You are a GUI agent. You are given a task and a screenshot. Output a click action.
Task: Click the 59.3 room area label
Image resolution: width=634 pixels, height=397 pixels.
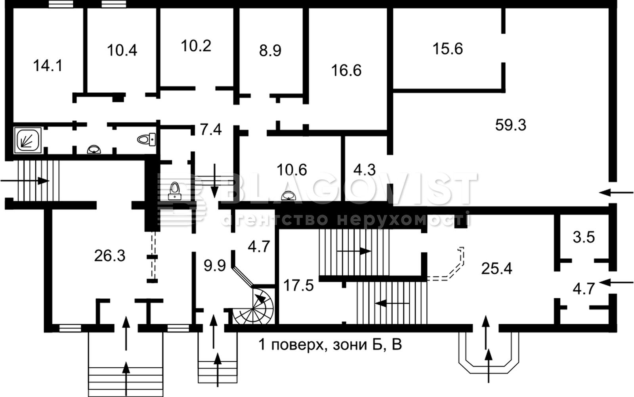tap(511, 125)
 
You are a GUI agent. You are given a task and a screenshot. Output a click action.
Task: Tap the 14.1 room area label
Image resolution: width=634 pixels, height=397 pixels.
tap(48, 66)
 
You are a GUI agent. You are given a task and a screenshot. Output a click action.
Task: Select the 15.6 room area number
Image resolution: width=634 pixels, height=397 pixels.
tap(448, 49)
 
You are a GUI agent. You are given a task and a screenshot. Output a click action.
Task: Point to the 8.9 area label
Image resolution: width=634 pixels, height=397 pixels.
tap(270, 51)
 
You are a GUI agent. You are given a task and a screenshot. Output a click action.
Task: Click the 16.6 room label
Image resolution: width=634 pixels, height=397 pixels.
tap(346, 71)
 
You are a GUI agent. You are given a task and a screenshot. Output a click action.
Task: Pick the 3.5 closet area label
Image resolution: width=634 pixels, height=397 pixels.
tap(584, 237)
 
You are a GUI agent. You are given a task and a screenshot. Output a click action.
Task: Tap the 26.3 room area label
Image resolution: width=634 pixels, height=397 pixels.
tap(109, 256)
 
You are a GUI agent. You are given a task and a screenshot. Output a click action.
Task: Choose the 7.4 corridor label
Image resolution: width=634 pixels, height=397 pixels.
tap(211, 130)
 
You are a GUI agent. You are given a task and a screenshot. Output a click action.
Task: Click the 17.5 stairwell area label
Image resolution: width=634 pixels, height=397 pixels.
tap(298, 285)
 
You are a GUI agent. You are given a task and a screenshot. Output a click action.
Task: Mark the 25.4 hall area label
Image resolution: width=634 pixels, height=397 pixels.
tap(497, 269)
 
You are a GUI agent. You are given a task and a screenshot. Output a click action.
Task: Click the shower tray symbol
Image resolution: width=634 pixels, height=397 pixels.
tap(28, 140)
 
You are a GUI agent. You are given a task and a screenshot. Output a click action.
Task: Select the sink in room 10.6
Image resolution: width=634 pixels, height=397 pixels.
tap(288, 196)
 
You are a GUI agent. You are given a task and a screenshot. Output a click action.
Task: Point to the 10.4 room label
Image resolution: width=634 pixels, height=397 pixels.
tap(122, 50)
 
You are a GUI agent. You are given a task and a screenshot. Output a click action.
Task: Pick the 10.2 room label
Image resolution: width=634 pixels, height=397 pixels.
tap(196, 46)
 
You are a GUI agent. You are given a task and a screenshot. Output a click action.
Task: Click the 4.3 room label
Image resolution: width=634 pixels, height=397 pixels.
tap(365, 170)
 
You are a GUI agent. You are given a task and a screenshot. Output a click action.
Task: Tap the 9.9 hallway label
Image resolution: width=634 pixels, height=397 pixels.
tap(215, 266)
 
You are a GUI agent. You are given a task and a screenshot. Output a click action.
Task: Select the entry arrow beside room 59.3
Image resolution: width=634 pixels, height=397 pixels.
tap(616, 193)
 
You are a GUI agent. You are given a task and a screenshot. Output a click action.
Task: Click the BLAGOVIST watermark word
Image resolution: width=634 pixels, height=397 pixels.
tap(348, 188)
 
